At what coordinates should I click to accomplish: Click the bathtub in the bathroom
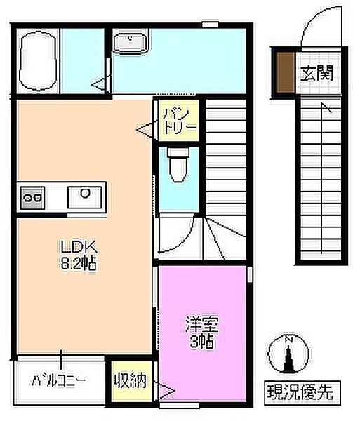tap(36, 62)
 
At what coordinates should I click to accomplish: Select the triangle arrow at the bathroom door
tap(100, 85)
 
